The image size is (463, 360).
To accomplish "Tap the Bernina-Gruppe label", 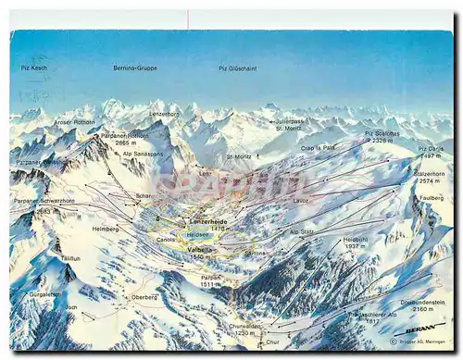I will coord(135,68).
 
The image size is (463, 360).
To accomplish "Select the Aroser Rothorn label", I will coord(74,122).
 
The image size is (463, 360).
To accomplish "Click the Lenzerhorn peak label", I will coord(165,113).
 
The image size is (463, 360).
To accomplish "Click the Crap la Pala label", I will coord(318,147).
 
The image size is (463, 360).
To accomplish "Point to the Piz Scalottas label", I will coord(382,133).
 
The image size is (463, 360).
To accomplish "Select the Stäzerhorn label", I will coord(428,173).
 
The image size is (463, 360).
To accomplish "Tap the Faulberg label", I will coord(432,197).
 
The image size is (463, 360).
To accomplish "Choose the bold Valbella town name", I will coord(201,249).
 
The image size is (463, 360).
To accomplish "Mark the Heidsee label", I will coord(198,234).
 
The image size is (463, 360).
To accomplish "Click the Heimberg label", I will coord(105,229).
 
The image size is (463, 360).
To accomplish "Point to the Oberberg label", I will coord(144,297).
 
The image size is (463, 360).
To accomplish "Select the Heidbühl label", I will coord(356,240).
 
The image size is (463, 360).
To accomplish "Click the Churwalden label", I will coord(244,325).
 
